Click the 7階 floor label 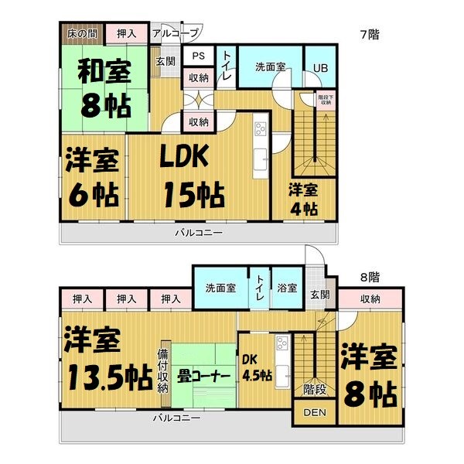tap(369, 34)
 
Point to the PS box tap(198, 56)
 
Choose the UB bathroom tap(319, 67)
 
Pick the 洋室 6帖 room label tap(91, 178)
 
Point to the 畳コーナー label tap(203, 377)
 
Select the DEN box tap(314, 413)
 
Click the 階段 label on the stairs tap(314, 390)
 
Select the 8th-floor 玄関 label tap(319, 294)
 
